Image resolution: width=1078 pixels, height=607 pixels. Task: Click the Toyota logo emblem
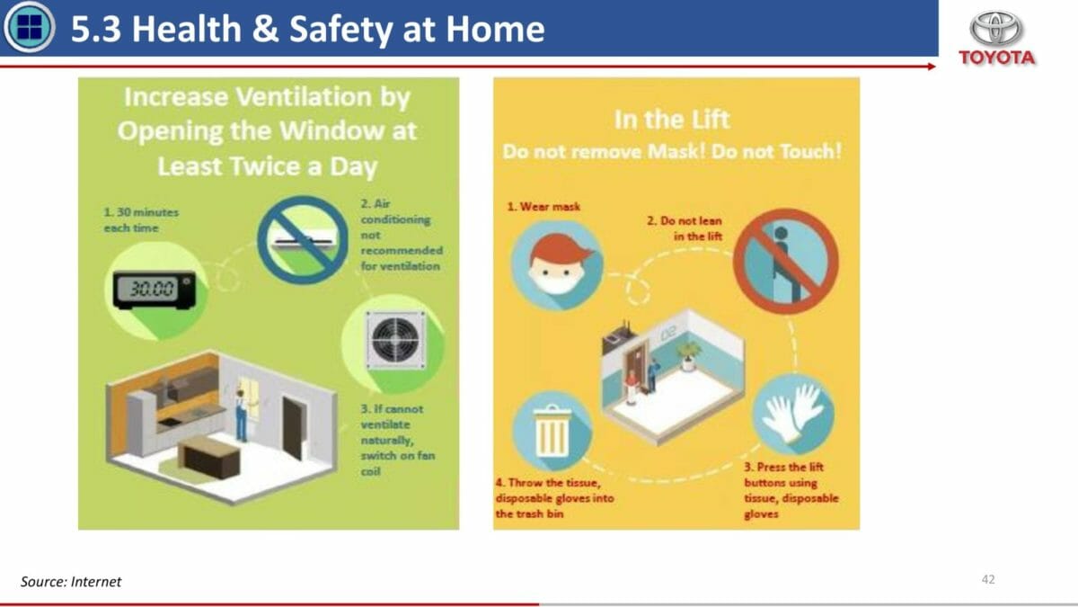pos(996,29)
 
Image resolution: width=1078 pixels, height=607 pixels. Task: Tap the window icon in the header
pos(29,27)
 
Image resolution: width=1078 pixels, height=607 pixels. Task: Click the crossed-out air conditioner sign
pos(303,239)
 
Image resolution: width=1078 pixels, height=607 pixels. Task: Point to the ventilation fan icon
pos(395,341)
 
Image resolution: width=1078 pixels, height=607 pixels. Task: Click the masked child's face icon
pos(557,265)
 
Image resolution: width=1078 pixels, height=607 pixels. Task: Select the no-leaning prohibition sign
pos(786,262)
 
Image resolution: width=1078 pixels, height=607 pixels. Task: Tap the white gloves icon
pos(793,415)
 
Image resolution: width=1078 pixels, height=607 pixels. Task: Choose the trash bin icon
pos(552,431)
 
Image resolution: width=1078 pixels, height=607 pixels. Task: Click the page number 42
pos(988,579)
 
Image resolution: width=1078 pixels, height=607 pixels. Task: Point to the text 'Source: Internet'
pos(71,582)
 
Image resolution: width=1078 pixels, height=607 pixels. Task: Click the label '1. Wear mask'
pos(543,207)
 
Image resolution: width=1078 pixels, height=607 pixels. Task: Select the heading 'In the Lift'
pos(672,120)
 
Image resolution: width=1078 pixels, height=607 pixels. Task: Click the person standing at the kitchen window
pos(241,415)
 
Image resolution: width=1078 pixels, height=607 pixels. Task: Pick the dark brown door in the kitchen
pos(294,428)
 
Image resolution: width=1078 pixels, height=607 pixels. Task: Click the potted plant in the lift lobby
pos(688,355)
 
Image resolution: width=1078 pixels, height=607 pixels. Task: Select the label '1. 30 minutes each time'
pos(141,220)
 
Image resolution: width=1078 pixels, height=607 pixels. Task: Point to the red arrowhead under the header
pos(931,67)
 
